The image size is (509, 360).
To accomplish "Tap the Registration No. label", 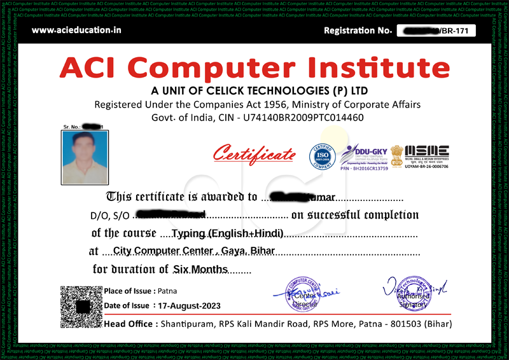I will pyautogui.click(x=357, y=31).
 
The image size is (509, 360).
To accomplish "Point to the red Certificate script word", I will pyautogui.click(x=254, y=154).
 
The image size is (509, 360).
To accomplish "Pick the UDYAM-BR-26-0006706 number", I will pyautogui.click(x=422, y=167).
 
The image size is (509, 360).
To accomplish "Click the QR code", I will pyautogui.click(x=80, y=306).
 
